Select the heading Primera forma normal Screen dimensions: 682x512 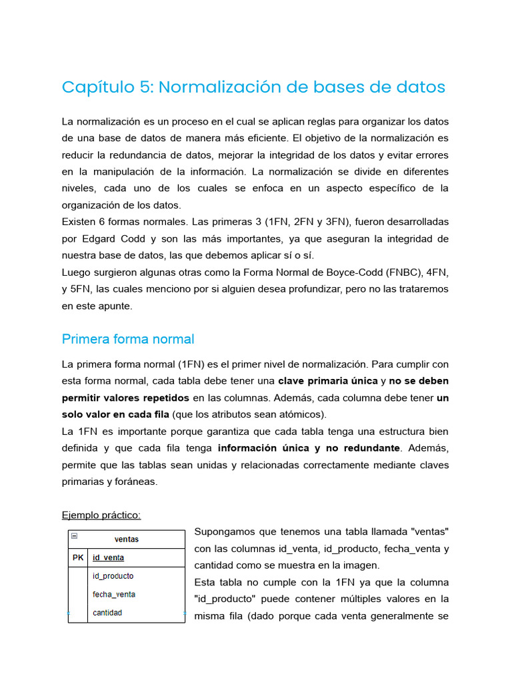tap(128, 339)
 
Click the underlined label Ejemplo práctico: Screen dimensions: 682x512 tap(101, 515)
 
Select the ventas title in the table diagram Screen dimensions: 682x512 tap(127, 539)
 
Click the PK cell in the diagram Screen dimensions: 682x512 tap(78, 558)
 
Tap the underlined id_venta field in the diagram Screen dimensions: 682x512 tap(108, 558)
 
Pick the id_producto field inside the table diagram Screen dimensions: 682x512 tap(113, 576)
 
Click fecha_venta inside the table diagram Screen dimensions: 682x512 tap(114, 594)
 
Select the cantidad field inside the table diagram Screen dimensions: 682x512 tap(107, 613)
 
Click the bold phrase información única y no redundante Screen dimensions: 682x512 tap(309, 448)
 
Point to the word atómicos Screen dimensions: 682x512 tap(303, 414)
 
